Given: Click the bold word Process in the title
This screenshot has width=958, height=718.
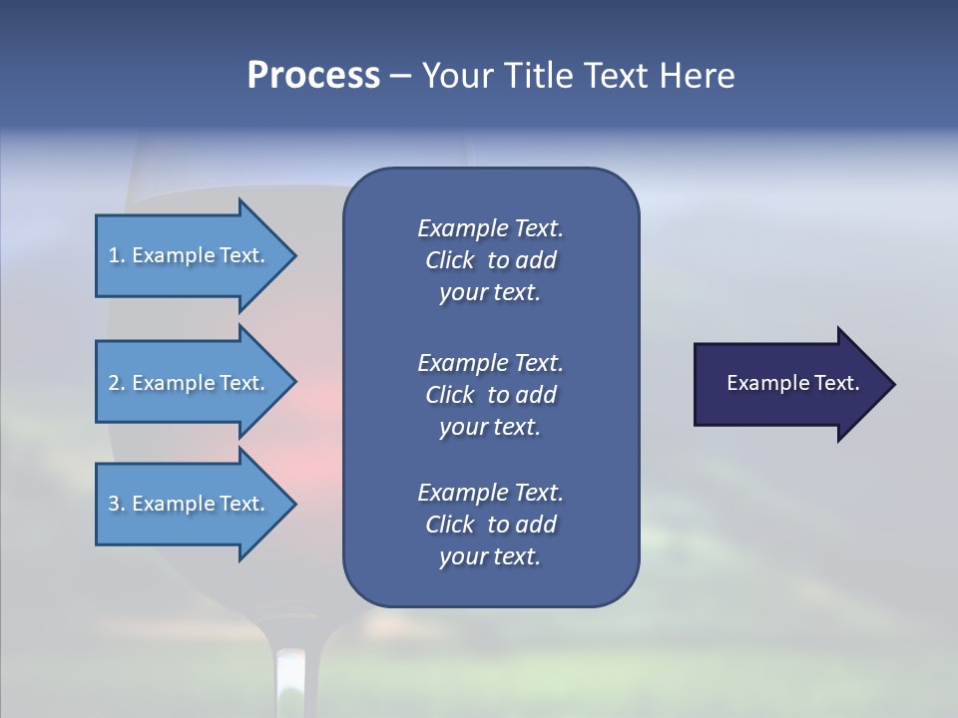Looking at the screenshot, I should pos(313,76).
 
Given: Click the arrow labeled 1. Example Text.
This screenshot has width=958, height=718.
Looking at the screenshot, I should pos(190,255).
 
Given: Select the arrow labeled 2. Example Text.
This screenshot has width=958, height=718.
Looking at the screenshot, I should pos(190,383).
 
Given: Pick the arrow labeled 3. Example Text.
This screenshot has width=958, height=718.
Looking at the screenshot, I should pos(190,504).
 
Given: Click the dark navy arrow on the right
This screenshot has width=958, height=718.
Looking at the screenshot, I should pos(788,384).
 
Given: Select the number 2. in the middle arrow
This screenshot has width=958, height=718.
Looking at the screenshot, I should pos(117,383).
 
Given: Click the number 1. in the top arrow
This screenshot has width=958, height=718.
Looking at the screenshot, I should pos(117,255).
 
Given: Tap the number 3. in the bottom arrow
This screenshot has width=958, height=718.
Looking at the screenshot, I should pos(117,504).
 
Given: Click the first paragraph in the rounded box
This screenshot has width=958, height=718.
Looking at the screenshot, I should pos(490,260).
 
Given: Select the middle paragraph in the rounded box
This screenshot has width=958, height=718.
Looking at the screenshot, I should pos(490,395).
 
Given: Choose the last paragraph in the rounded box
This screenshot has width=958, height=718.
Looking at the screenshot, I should pos(490,525).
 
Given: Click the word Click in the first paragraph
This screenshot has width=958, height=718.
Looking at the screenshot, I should pos(449,260).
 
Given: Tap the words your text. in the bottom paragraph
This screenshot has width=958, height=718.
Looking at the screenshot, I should pos(490,556).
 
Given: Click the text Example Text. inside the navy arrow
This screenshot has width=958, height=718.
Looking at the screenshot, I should pos(792,383).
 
